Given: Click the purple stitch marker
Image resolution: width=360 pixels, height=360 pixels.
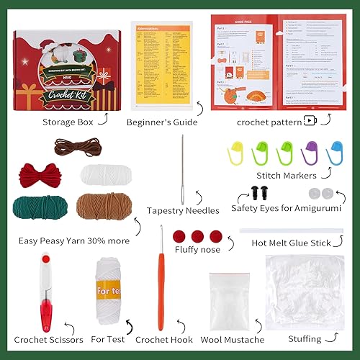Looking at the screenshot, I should (x=310, y=150).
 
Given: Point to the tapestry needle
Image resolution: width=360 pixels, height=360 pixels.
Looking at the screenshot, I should (x=186, y=168).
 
